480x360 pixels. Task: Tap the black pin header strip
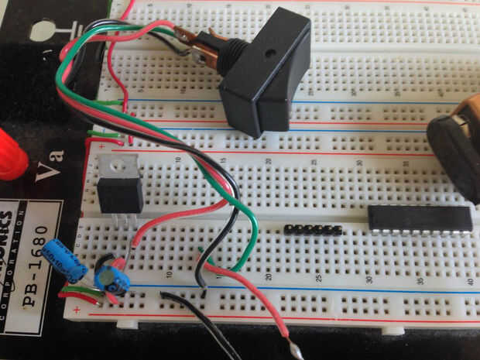(x=314, y=230)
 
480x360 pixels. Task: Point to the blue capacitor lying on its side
(x=65, y=260)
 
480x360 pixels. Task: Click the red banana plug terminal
(x=9, y=154)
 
